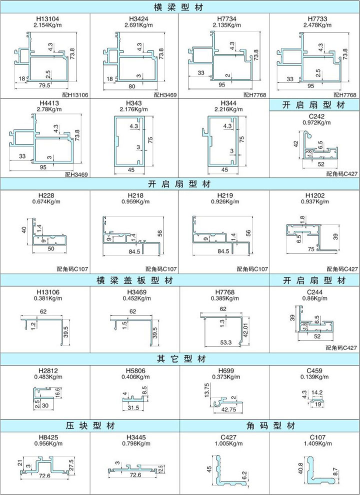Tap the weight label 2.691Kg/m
click(x=135, y=24)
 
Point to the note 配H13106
click(x=77, y=94)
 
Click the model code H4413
click(x=45, y=103)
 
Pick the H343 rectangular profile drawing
click(x=129, y=142)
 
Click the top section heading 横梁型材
click(x=180, y=6)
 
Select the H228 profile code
click(x=45, y=195)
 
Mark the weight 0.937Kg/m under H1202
click(x=314, y=201)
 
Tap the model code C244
click(x=314, y=291)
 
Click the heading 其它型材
click(x=180, y=359)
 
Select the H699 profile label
click(x=225, y=370)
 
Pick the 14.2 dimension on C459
click(x=316, y=393)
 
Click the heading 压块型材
click(x=90, y=426)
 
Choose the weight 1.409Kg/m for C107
click(x=314, y=443)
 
